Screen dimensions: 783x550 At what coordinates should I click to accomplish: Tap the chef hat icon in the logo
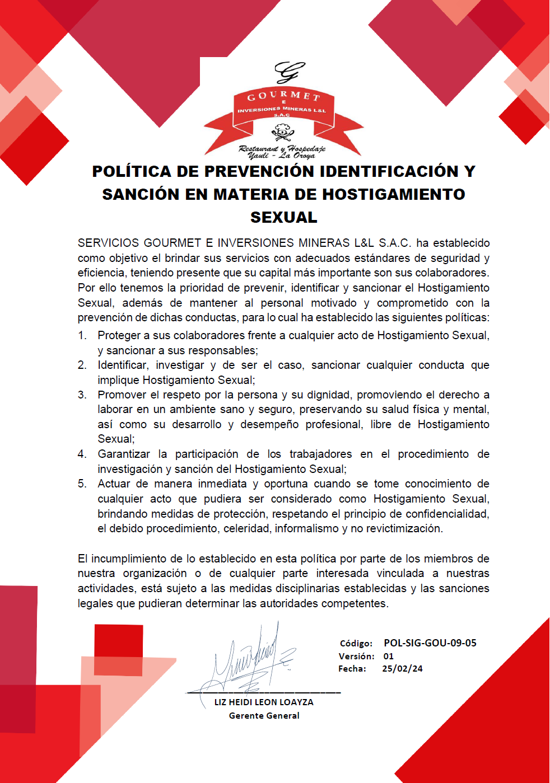[x=282, y=133]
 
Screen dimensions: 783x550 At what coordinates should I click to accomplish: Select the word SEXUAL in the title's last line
[x=284, y=217]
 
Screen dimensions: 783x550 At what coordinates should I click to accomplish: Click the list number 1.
[x=82, y=335]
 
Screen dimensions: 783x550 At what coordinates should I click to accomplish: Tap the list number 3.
[x=82, y=395]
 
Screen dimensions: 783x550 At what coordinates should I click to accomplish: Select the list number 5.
[x=82, y=484]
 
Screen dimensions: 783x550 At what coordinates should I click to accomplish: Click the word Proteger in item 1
[x=119, y=335]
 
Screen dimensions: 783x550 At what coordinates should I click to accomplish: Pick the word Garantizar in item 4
[x=124, y=454]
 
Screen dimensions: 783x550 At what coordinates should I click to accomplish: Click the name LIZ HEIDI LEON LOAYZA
[x=264, y=702]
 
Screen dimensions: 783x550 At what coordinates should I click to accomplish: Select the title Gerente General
[x=264, y=715]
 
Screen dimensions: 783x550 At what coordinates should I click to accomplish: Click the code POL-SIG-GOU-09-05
[x=430, y=643]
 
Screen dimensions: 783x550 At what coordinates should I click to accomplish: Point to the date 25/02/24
[x=403, y=668]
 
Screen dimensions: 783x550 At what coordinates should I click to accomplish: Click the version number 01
[x=389, y=656]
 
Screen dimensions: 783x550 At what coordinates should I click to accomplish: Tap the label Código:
[x=356, y=644]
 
